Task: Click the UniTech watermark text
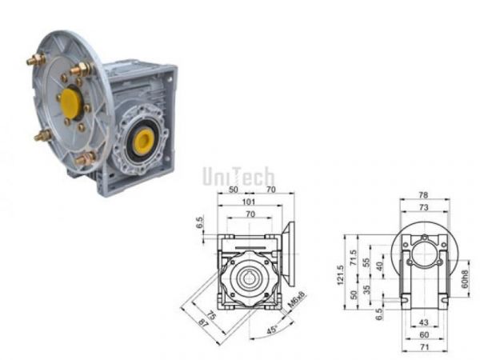[238, 174]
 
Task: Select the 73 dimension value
[422, 207]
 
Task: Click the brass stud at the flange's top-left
[34, 58]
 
